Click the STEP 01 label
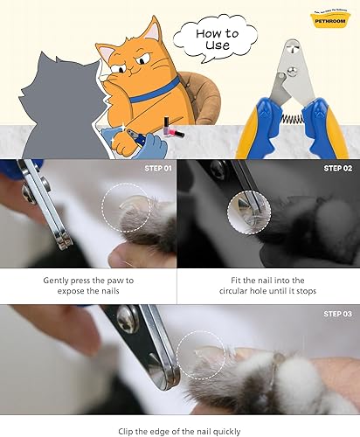pyautogui.click(x=154, y=168)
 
